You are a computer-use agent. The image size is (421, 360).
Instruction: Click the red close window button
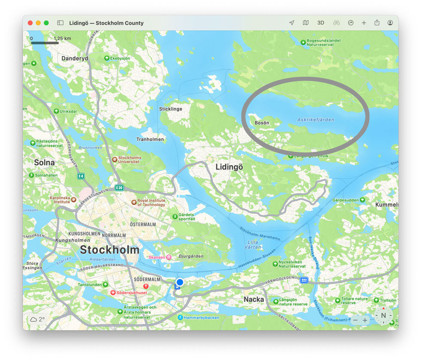[x=30, y=23]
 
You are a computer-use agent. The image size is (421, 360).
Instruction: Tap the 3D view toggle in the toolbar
[x=320, y=23]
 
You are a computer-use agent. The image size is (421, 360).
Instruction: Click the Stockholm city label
[x=110, y=250]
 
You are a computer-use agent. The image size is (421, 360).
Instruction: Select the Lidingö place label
[x=229, y=167]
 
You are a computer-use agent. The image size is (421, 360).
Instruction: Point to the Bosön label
[x=262, y=123]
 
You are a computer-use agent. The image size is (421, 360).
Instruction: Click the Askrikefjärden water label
[x=315, y=120]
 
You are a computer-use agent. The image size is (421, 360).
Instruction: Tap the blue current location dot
[x=180, y=282]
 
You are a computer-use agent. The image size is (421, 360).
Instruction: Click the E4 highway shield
[x=81, y=176]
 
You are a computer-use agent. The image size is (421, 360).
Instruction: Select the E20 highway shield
[x=119, y=188]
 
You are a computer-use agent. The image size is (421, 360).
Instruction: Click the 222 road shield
[x=304, y=281]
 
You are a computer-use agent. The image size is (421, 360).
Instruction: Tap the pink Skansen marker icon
[x=169, y=257]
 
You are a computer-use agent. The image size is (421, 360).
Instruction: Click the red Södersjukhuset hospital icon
[x=113, y=293]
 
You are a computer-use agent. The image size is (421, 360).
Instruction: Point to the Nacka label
[x=254, y=299]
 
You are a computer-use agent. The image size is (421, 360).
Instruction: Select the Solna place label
[x=45, y=163]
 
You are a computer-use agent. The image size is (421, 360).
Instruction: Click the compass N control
[x=383, y=315]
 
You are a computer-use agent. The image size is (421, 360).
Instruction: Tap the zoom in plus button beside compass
[x=365, y=320]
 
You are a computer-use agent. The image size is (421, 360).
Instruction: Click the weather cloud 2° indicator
[x=37, y=319]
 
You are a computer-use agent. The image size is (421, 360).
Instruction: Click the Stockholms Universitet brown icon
[x=114, y=159]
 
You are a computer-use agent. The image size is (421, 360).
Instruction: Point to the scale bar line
[x=45, y=43]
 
